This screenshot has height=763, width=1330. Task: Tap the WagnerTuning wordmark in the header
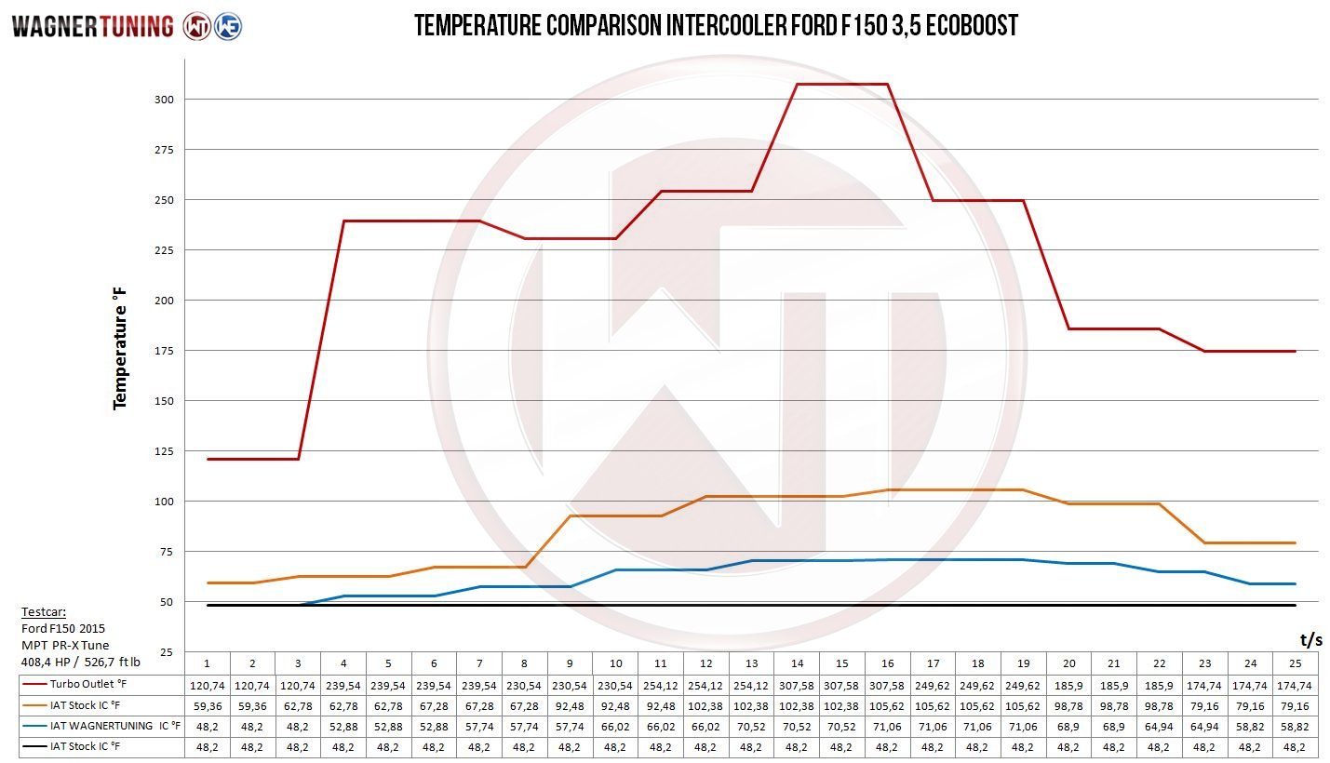[x=92, y=26]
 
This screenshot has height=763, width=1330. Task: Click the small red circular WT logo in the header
[x=196, y=26]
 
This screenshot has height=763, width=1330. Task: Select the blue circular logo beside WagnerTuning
[x=228, y=26]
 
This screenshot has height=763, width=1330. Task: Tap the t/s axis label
[x=1310, y=638]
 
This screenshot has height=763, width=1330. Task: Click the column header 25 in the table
[x=1295, y=663]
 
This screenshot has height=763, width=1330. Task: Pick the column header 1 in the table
[x=207, y=663]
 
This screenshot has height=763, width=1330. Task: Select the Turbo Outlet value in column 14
[x=797, y=685]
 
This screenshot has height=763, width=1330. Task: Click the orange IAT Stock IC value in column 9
[x=570, y=705]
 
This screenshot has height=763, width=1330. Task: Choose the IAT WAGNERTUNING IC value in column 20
[x=1068, y=726]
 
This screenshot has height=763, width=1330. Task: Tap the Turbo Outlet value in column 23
[x=1204, y=685]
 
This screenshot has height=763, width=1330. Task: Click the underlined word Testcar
[x=44, y=612]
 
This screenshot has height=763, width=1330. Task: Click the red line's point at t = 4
[x=343, y=221]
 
